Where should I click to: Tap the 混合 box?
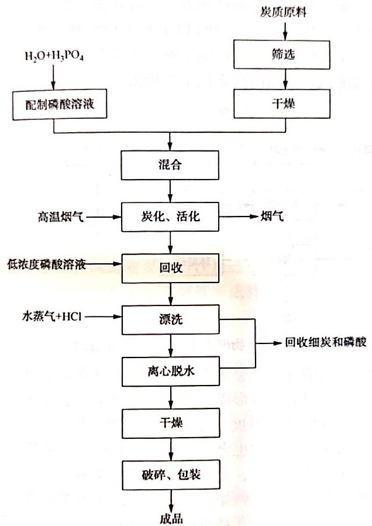pos(170,164)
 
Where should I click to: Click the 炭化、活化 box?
pos(170,217)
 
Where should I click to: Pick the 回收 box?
pos(170,267)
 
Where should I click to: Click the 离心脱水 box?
pos(170,371)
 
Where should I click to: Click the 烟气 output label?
pos(273,218)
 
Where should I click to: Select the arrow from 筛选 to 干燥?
pos(284,78)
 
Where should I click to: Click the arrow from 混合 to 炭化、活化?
pos(170,190)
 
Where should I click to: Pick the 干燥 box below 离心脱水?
pos(170,422)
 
